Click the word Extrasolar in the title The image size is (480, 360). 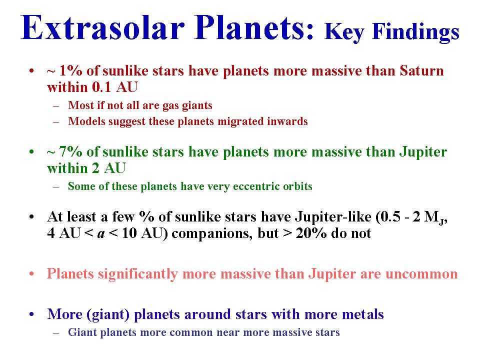[x=103, y=28]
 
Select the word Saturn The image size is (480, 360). [x=422, y=70]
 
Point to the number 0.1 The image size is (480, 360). [x=101, y=87]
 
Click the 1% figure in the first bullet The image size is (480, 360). [x=70, y=70]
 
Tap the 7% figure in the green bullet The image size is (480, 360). [x=70, y=151]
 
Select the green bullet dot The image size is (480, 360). [x=31, y=151]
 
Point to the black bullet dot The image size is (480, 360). [x=31, y=216]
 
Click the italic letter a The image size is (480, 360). [x=100, y=234]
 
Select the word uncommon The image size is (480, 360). [x=421, y=273]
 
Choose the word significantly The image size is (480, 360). [x=138, y=274]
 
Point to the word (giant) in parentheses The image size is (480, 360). [x=108, y=315]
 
